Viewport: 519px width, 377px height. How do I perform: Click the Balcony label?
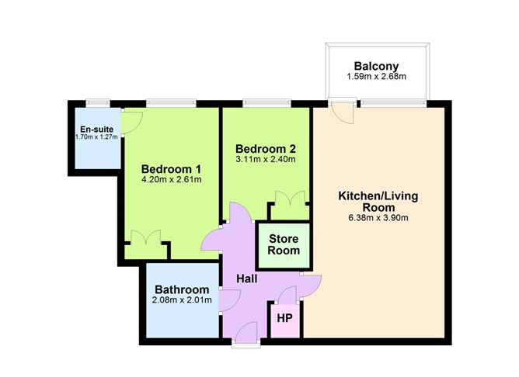pyautogui.click(x=376, y=66)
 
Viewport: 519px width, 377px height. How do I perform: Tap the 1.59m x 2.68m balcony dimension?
pyautogui.click(x=376, y=77)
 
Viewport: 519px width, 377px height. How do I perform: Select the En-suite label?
pyautogui.click(x=96, y=130)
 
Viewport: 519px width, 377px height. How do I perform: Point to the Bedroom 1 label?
pyautogui.click(x=171, y=169)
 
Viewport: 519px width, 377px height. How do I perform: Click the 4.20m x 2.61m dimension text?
pyautogui.click(x=171, y=180)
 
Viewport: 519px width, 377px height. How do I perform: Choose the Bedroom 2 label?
pyautogui.click(x=266, y=149)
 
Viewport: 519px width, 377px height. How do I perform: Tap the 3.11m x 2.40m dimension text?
pyautogui.click(x=266, y=159)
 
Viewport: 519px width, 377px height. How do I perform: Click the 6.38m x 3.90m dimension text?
pyautogui.click(x=378, y=218)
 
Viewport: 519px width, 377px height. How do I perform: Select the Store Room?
pyautogui.click(x=284, y=245)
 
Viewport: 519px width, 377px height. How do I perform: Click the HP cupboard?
pyautogui.click(x=285, y=320)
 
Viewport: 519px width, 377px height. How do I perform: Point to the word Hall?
pyautogui.click(x=247, y=278)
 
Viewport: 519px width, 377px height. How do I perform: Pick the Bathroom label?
pyautogui.click(x=182, y=290)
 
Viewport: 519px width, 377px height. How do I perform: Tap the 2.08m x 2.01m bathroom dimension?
pyautogui.click(x=182, y=300)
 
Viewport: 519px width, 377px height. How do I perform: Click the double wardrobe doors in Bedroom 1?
pyautogui.click(x=146, y=238)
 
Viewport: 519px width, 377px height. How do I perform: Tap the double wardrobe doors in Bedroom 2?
pyautogui.click(x=290, y=199)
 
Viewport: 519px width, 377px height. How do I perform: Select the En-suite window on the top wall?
pyautogui.click(x=98, y=103)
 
